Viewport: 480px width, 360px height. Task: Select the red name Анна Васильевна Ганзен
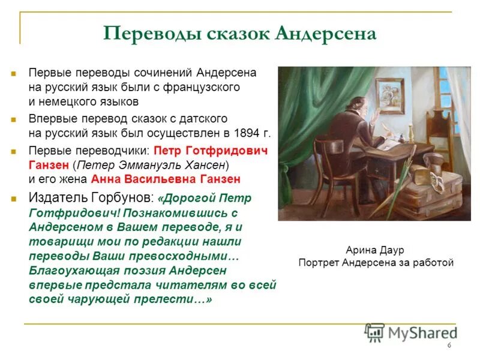pyautogui.click(x=166, y=178)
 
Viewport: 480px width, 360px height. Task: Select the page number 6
pyautogui.click(x=449, y=346)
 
